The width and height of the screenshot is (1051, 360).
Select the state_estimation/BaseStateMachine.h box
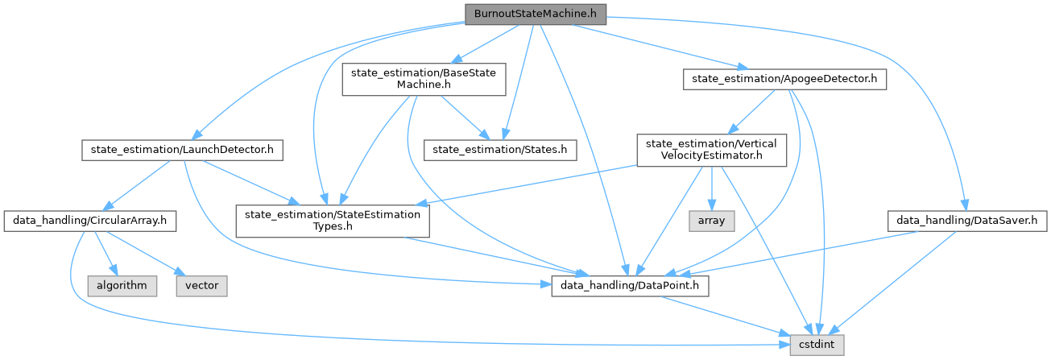point(424,81)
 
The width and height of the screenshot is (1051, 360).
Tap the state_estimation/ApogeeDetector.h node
point(784,79)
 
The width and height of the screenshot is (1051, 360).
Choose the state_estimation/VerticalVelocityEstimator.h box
point(711,150)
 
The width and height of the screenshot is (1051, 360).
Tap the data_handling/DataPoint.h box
point(630,285)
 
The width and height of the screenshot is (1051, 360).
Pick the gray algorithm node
point(118,285)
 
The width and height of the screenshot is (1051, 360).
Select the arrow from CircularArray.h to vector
point(147,256)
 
